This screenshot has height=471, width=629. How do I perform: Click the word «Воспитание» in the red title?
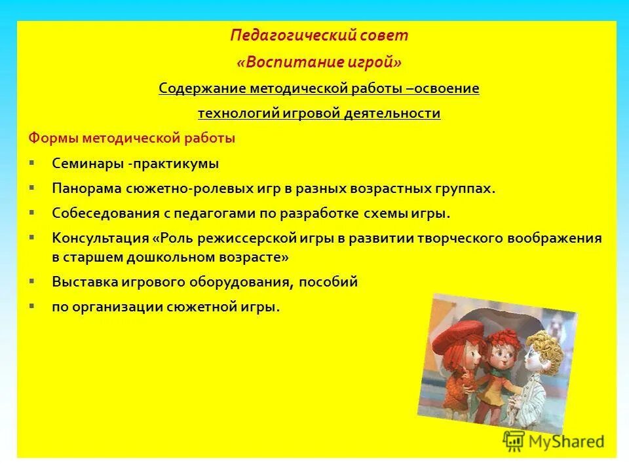(x=286, y=62)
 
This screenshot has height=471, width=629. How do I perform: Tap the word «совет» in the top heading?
(x=388, y=35)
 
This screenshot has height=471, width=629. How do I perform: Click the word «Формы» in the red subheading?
(x=50, y=139)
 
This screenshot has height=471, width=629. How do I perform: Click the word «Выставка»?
(x=85, y=282)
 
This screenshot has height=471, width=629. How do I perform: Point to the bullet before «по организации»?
(x=32, y=305)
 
